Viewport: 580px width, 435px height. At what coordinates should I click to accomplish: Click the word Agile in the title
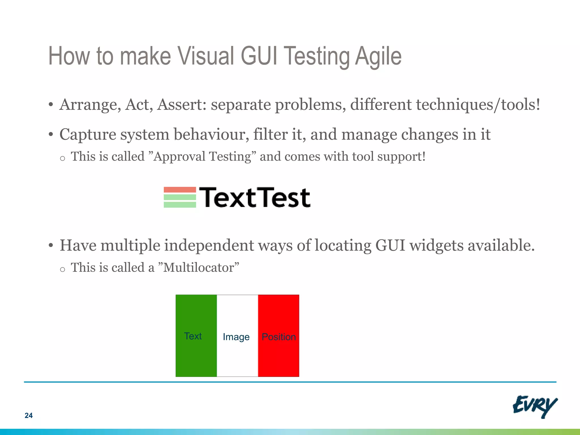tap(378, 56)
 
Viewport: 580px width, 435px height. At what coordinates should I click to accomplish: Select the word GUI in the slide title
tap(259, 56)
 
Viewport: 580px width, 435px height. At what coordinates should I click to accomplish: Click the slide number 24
tap(29, 415)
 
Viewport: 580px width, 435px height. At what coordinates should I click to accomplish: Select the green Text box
tap(196, 336)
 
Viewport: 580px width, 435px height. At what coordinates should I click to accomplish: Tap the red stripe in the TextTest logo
tap(180, 190)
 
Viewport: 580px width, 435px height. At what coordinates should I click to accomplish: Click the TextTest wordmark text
tap(255, 197)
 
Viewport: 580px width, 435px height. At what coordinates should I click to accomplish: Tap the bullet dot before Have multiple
tap(51, 245)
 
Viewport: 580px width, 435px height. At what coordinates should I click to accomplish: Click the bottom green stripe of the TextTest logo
tap(180, 204)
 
